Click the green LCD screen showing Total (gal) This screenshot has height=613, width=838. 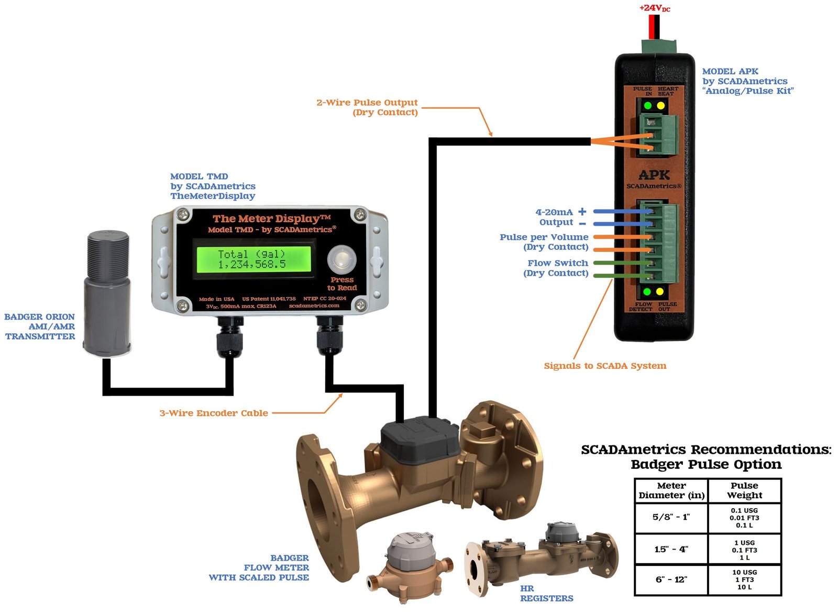point(253,259)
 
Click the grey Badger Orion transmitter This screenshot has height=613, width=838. point(107,293)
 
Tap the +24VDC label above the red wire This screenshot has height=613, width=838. point(655,8)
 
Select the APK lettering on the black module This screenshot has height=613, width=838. point(654,175)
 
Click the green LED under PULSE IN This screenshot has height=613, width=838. point(648,106)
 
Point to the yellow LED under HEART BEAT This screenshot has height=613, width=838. point(661,106)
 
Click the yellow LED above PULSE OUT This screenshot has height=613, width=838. point(660,291)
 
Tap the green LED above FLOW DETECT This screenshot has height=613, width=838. point(647,291)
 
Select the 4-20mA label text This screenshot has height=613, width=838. point(554,212)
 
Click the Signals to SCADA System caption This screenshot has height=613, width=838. point(605,366)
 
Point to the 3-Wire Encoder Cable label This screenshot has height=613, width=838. point(214,413)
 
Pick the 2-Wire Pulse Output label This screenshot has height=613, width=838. point(367,103)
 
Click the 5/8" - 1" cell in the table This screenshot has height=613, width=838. point(671,517)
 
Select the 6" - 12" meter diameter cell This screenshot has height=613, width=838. point(671,579)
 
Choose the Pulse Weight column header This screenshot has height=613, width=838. point(744,490)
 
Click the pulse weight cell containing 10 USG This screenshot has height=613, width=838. point(744,579)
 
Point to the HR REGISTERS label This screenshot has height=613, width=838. point(546,593)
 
